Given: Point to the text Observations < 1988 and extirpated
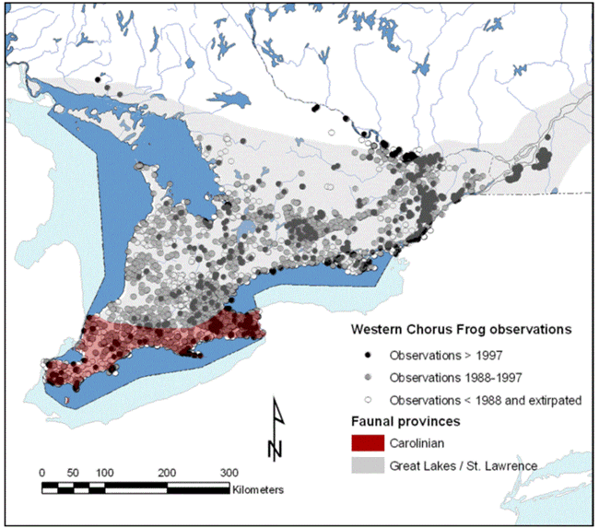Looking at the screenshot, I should pyautogui.click(x=479, y=400).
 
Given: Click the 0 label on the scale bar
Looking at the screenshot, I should pyautogui.click(x=42, y=472).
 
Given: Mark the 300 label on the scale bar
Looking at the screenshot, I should pyautogui.click(x=228, y=472).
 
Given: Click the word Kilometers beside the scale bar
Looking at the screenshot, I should pyautogui.click(x=259, y=488).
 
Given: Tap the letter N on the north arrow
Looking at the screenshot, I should pyautogui.click(x=275, y=449).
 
